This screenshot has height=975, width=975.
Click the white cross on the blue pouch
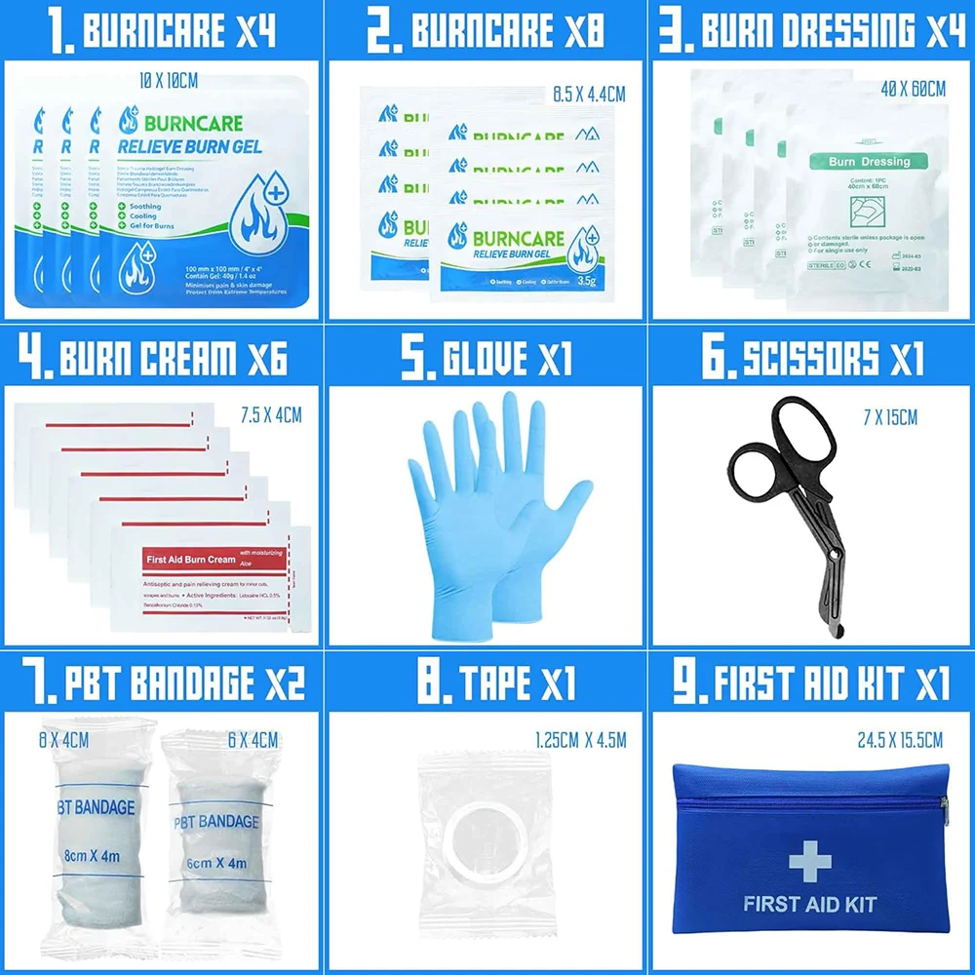[810, 861]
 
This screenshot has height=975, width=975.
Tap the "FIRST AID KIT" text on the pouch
[809, 904]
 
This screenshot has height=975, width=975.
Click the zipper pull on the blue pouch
[944, 805]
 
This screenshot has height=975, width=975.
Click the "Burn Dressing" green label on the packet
[867, 161]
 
